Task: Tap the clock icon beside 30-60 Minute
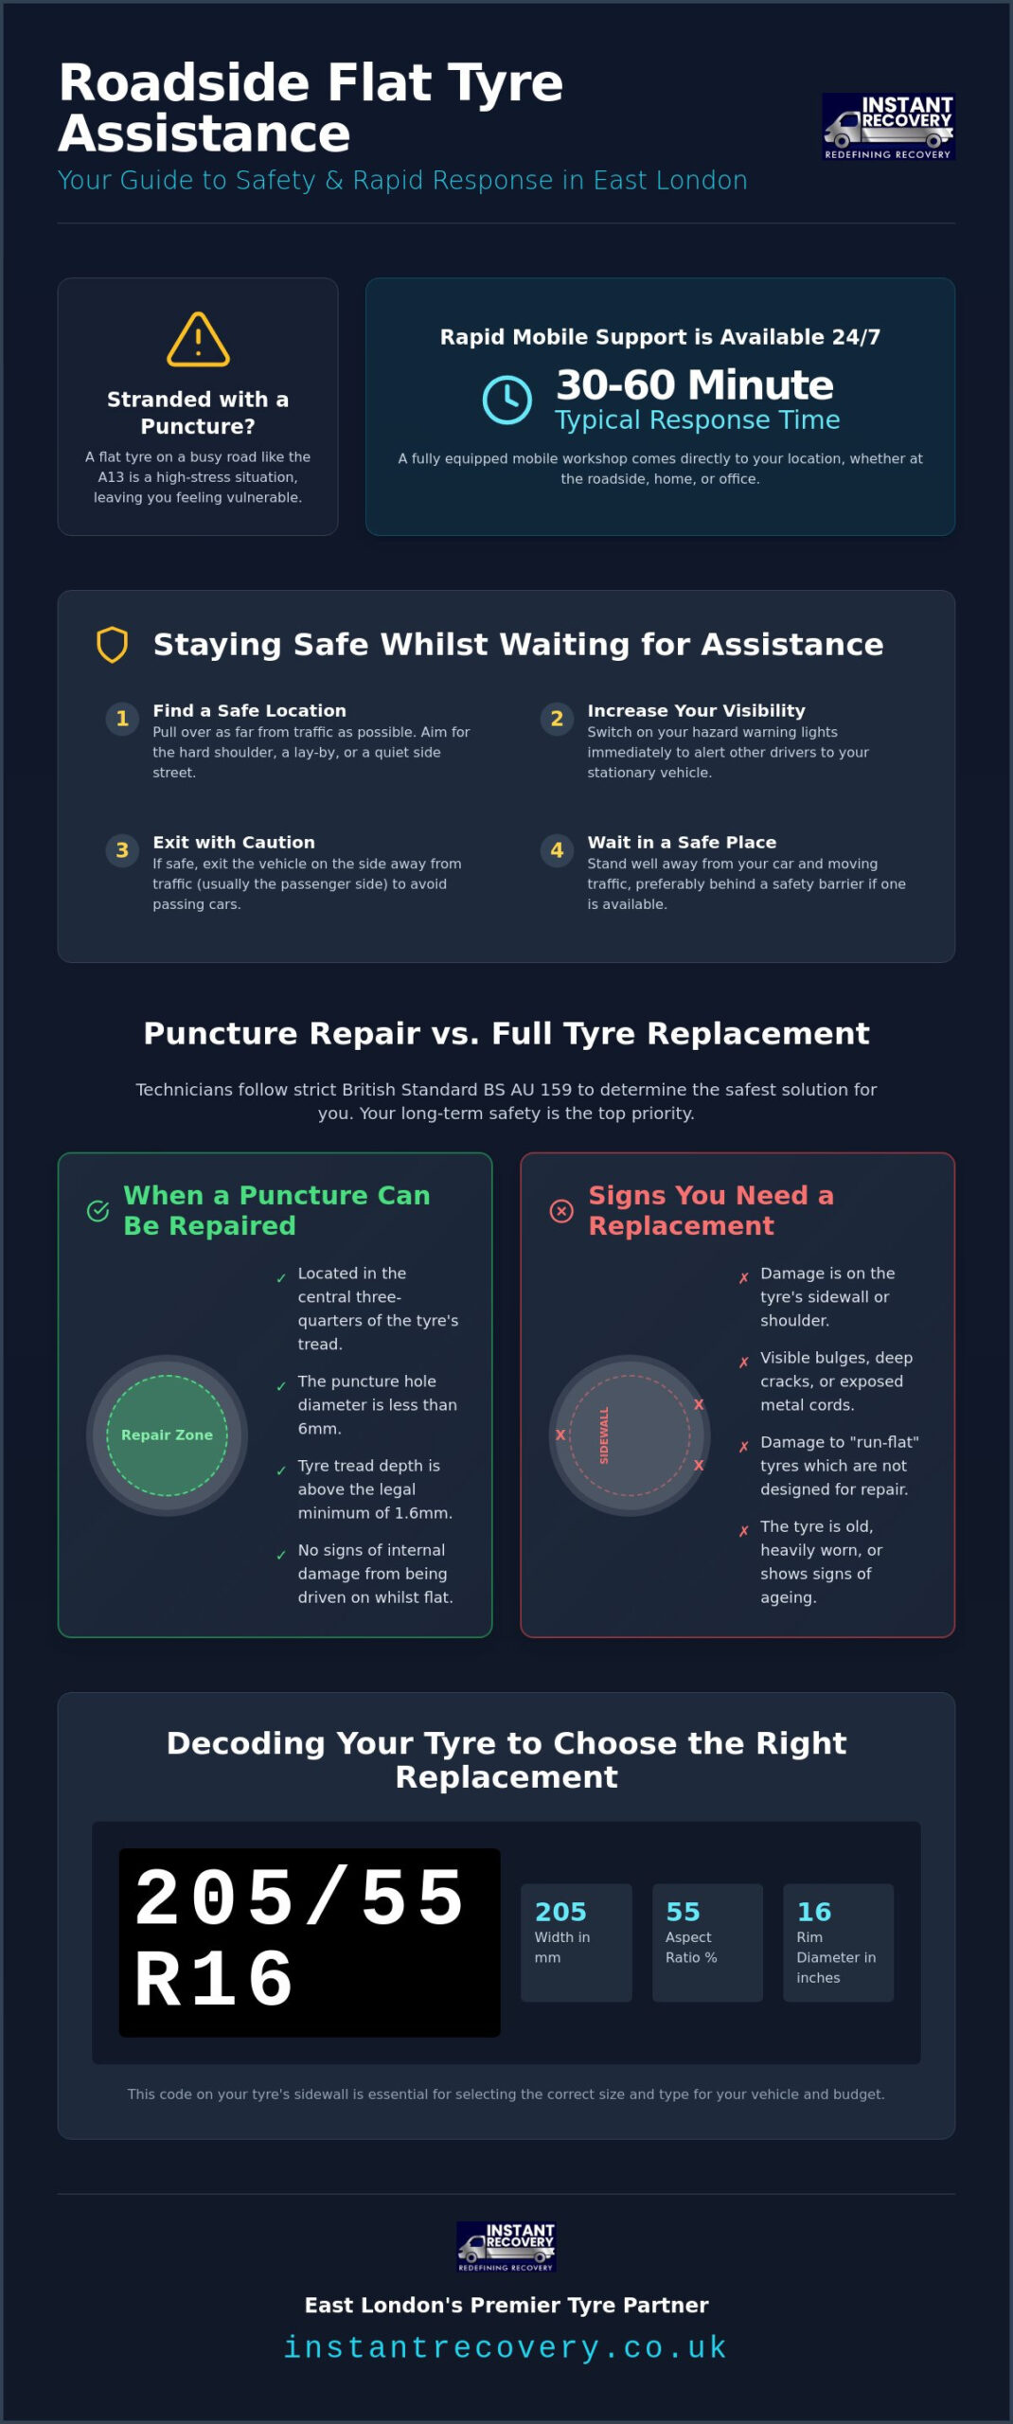pos(507,400)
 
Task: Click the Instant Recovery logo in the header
pos(888,126)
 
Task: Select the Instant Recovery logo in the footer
pos(506,2247)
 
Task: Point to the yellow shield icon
pos(113,645)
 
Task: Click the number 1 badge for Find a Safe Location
pos(122,719)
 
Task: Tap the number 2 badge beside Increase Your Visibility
pos(557,719)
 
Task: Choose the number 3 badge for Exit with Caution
pos(122,850)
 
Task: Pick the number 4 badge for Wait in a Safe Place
pos(557,850)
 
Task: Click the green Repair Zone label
pos(167,1435)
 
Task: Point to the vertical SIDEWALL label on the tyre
pos(604,1435)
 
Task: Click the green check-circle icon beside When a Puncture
pos(98,1211)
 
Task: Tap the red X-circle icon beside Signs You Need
pos(561,1211)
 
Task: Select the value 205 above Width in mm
pos(560,1912)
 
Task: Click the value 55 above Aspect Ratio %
pos(683,1912)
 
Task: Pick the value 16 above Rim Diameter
pos(814,1912)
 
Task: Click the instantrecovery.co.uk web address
pos(506,2347)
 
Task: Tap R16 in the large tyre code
pos(215,1979)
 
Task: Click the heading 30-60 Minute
pos(695,384)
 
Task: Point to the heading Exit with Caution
pos(234,842)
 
